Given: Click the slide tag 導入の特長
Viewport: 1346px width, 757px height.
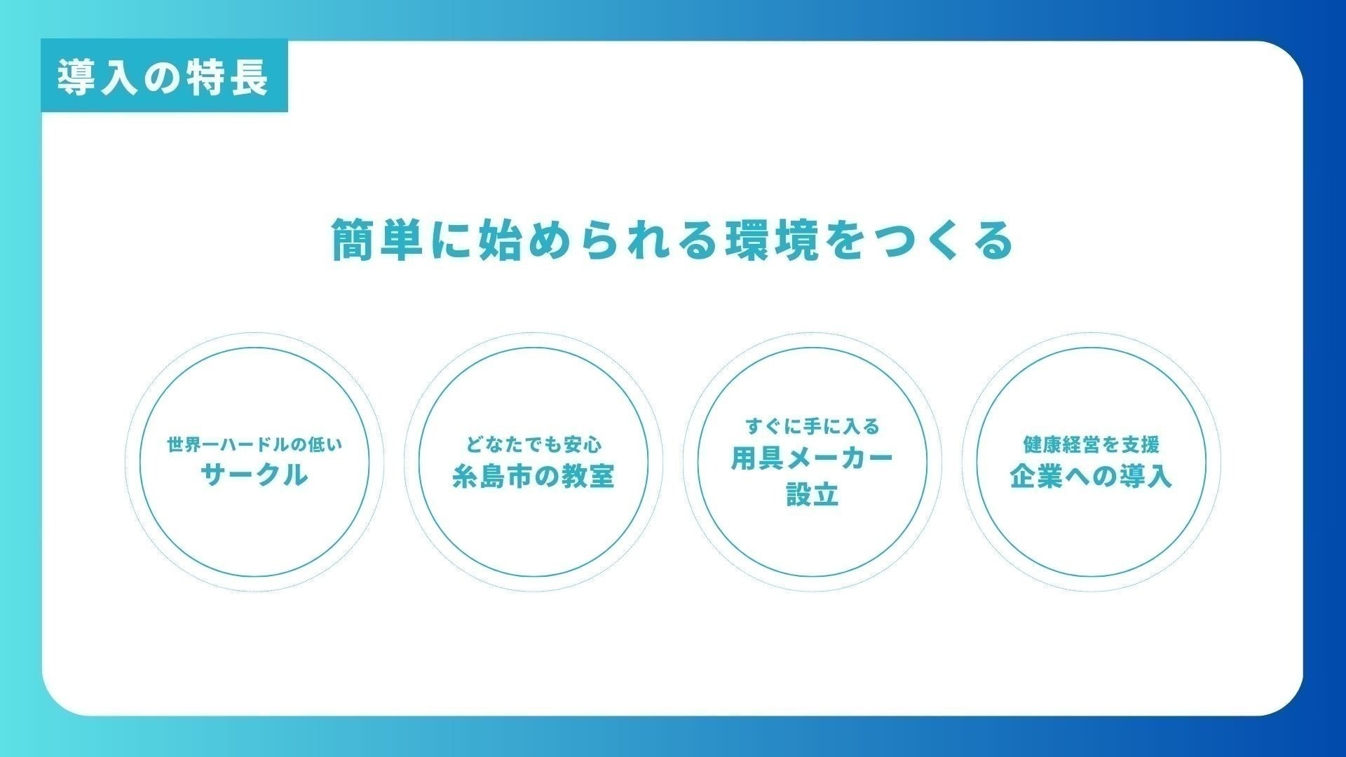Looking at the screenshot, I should [x=163, y=76].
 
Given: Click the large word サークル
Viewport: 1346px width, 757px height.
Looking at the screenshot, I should [x=254, y=475].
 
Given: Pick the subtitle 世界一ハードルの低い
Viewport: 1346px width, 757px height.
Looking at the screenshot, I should [x=254, y=444].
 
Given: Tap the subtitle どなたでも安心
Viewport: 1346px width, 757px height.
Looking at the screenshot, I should [x=533, y=444].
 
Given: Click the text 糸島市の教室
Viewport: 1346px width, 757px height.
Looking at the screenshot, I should [x=533, y=476].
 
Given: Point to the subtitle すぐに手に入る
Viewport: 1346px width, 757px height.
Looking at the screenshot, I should [x=813, y=426].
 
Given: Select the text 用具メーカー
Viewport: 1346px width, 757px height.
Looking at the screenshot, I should [x=813, y=458].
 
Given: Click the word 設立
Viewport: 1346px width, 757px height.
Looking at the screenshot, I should [x=813, y=495].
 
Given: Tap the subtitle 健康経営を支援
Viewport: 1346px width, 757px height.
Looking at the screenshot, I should [x=1092, y=444].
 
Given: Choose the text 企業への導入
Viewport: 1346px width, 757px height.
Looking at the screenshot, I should [x=1092, y=476].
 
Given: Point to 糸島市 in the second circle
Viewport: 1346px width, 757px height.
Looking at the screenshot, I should [x=492, y=476].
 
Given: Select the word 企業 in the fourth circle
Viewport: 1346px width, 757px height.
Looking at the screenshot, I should [x=1037, y=476].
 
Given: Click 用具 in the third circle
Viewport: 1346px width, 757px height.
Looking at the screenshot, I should [x=757, y=458].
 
